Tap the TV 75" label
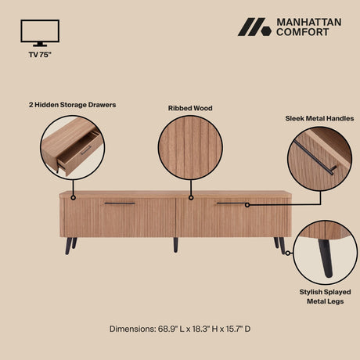40,56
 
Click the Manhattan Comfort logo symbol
254,27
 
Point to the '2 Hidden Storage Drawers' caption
73,103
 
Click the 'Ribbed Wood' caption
190,108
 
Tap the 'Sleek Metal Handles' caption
319,118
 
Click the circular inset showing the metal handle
319,160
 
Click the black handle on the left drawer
120,203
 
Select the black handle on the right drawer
232,204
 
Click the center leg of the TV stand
175,244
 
